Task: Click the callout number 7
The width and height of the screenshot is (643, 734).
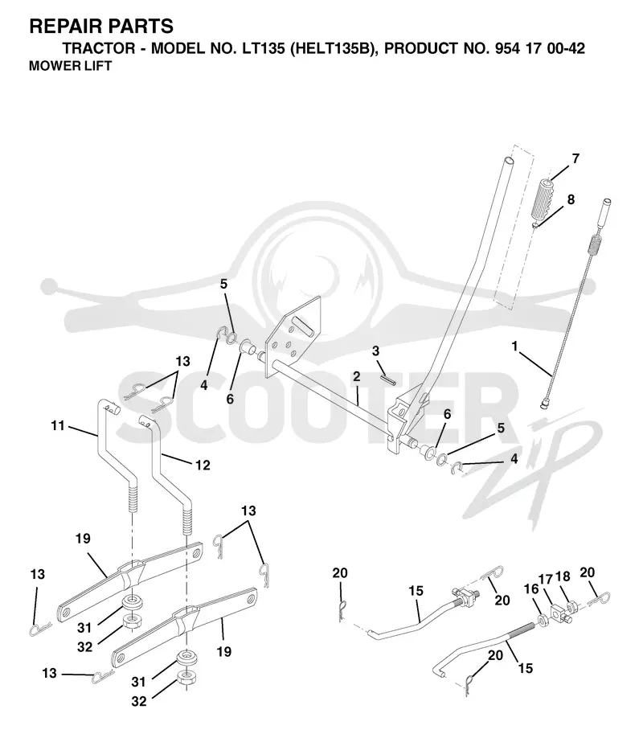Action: coord(575,158)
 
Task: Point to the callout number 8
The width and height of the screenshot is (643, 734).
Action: coord(571,199)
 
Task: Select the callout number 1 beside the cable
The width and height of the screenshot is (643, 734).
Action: coord(514,346)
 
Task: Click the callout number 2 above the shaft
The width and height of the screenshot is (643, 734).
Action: coord(357,376)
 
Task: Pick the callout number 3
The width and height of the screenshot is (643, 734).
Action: coord(376,351)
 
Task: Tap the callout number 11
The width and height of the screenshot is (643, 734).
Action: coord(58,425)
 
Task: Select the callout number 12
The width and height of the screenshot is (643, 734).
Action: coord(203,465)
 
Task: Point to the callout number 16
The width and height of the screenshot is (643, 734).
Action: coord(531,588)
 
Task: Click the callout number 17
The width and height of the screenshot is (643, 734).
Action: coord(546,580)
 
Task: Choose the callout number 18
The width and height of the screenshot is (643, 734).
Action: coord(563,576)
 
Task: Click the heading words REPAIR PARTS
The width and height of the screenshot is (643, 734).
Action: coord(101,27)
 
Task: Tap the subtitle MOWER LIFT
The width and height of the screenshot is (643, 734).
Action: coord(70,66)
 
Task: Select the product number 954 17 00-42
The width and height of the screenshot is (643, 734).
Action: coord(539,48)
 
